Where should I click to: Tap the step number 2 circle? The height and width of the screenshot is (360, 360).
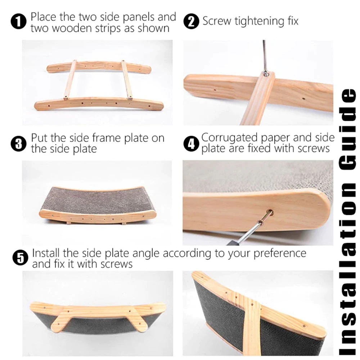(x=191, y=22)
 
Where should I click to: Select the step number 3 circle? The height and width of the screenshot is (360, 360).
(x=18, y=144)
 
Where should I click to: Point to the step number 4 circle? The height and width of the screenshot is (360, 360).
(x=191, y=144)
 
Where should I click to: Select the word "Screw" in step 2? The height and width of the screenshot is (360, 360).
(x=217, y=21)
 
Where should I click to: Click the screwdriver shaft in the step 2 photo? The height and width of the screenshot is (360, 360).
(x=265, y=54)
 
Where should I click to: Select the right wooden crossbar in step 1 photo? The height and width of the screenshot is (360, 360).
(x=126, y=80)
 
